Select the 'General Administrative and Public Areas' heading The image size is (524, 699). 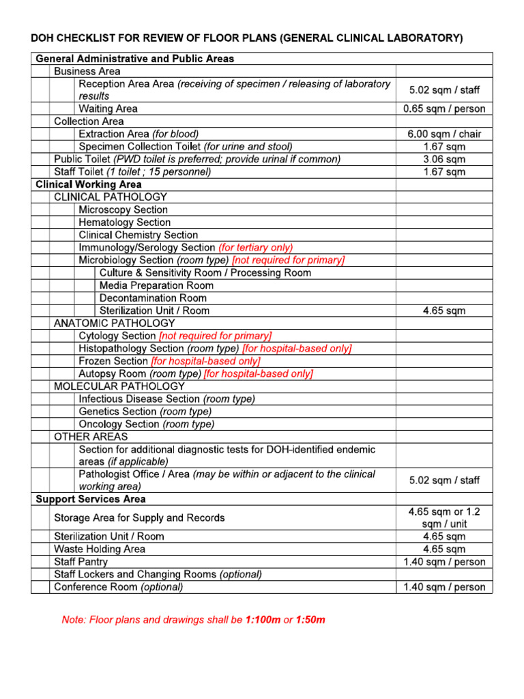tap(134, 59)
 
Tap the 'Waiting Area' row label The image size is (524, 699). tap(108, 109)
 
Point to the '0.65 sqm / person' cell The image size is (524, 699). tap(444, 109)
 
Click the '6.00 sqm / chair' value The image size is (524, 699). tap(444, 134)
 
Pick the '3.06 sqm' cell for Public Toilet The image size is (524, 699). tap(444, 159)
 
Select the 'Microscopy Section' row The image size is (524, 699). tap(123, 210)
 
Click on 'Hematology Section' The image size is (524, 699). tap(125, 223)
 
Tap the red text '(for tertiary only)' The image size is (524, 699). tap(256, 248)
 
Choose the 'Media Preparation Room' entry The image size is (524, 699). tap(156, 285)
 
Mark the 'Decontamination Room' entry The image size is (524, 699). tap(153, 298)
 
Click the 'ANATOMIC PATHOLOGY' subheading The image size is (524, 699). tap(115, 323)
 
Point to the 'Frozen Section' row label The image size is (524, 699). tap(113, 361)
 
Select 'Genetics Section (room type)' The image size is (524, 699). tap(145, 412)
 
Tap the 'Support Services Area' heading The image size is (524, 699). tap(91, 499)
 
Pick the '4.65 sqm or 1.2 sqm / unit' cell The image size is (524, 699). tap(444, 517)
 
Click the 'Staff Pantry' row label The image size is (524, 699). tap(81, 562)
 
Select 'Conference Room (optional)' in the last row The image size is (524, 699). tap(119, 587)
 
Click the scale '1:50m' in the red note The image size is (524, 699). tap(310, 620)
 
